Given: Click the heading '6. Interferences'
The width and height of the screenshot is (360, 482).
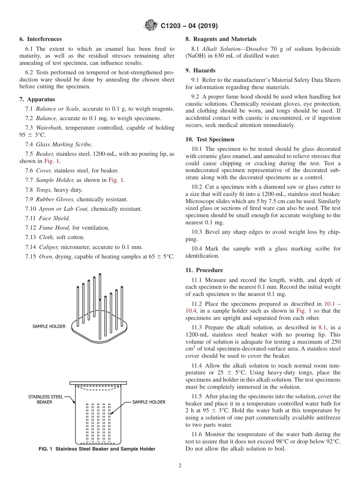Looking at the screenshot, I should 41,39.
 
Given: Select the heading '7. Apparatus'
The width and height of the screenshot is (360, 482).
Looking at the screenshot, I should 37,99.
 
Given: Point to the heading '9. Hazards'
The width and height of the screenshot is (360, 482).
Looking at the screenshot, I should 200,70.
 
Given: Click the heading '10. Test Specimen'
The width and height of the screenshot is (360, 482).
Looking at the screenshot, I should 210,139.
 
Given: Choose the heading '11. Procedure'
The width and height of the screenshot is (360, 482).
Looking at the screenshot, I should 204,270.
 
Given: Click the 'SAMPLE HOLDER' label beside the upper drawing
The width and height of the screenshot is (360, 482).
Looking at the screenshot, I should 49,326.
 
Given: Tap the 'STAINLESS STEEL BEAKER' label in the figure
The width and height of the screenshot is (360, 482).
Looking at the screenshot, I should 45,399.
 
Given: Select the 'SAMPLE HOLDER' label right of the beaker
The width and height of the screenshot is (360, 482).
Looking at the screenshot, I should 149,402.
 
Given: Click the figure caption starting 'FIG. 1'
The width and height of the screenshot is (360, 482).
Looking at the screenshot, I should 97,449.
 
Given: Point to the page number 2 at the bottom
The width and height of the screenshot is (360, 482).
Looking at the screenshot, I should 180,466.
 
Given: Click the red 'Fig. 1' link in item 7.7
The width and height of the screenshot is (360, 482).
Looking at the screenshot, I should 116,180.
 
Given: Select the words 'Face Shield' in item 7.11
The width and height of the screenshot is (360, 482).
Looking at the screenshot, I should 54,218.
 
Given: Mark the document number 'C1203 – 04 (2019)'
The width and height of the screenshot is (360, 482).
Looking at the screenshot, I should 189,26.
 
